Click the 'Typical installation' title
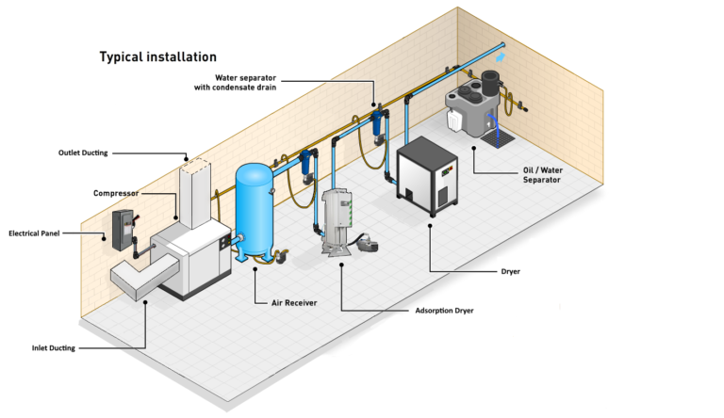tap(157, 56)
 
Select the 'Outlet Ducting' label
tap(83, 152)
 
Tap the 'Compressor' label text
tap(116, 193)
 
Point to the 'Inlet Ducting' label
tap(53, 348)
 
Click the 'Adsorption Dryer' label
tap(444, 310)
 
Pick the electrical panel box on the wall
tap(123, 229)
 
